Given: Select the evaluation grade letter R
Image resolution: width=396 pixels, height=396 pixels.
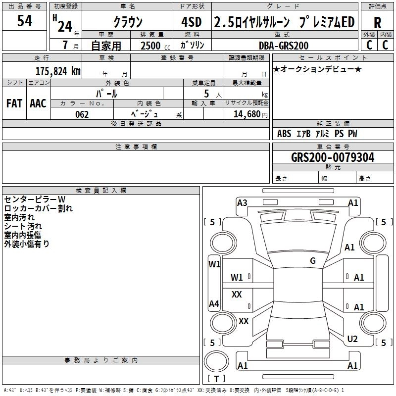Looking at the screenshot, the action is pyautogui.click(x=377, y=23).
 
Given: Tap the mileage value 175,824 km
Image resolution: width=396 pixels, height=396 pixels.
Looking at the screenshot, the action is pyautogui.click(x=58, y=71).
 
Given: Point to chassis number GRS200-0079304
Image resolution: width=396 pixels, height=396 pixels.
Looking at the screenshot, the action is pyautogui.click(x=333, y=157).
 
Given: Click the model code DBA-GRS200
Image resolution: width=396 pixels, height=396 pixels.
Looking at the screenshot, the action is pyautogui.click(x=284, y=46).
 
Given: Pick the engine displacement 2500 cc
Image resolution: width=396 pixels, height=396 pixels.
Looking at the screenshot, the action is pyautogui.click(x=151, y=46).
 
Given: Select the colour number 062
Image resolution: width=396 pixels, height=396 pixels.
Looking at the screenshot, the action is pyautogui.click(x=82, y=114).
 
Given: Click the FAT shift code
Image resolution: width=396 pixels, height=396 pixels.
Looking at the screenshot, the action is pyautogui.click(x=14, y=103).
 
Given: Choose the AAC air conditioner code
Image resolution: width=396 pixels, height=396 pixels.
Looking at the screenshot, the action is pyautogui.click(x=38, y=103).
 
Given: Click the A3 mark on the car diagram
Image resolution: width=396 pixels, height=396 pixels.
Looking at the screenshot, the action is pyautogui.click(x=242, y=203).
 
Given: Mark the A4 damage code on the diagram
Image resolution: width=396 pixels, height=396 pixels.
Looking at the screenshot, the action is pyautogui.click(x=214, y=304).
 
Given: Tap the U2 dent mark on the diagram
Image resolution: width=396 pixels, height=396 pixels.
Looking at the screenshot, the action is pyautogui.click(x=352, y=339).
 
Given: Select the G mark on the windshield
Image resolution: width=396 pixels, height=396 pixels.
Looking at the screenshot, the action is pyautogui.click(x=313, y=261).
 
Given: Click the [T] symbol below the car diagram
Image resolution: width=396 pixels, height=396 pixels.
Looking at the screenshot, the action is pyautogui.click(x=216, y=379).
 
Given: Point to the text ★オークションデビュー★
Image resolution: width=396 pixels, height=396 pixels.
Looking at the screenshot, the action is pyautogui.click(x=317, y=69).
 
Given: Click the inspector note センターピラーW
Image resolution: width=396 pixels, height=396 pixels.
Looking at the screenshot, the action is pyautogui.click(x=34, y=199).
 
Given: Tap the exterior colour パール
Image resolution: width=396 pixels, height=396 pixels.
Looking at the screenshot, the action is pyautogui.click(x=106, y=93).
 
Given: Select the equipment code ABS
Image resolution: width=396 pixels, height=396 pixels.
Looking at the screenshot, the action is pyautogui.click(x=284, y=134).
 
